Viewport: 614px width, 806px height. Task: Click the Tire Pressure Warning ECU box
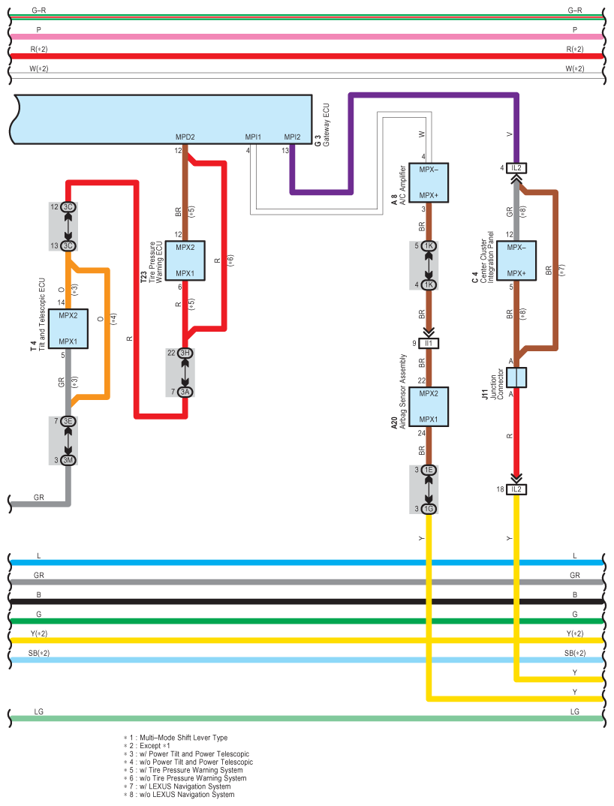tap(185, 260)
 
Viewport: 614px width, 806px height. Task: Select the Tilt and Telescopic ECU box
tap(68, 328)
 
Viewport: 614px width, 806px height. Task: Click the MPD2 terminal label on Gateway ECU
tap(185, 137)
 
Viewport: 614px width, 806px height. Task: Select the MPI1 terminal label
tap(253, 137)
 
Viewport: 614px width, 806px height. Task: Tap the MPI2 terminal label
tap(292, 137)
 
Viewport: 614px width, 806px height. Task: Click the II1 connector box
tap(429, 344)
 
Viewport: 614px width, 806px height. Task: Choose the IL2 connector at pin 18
tap(516, 489)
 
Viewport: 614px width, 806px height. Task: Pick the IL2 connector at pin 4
tap(516, 167)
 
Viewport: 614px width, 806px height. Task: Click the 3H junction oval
tap(185, 353)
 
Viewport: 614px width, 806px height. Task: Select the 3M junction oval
tap(68, 459)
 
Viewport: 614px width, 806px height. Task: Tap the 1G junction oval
tap(429, 510)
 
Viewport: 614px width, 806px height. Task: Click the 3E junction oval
tap(68, 422)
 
